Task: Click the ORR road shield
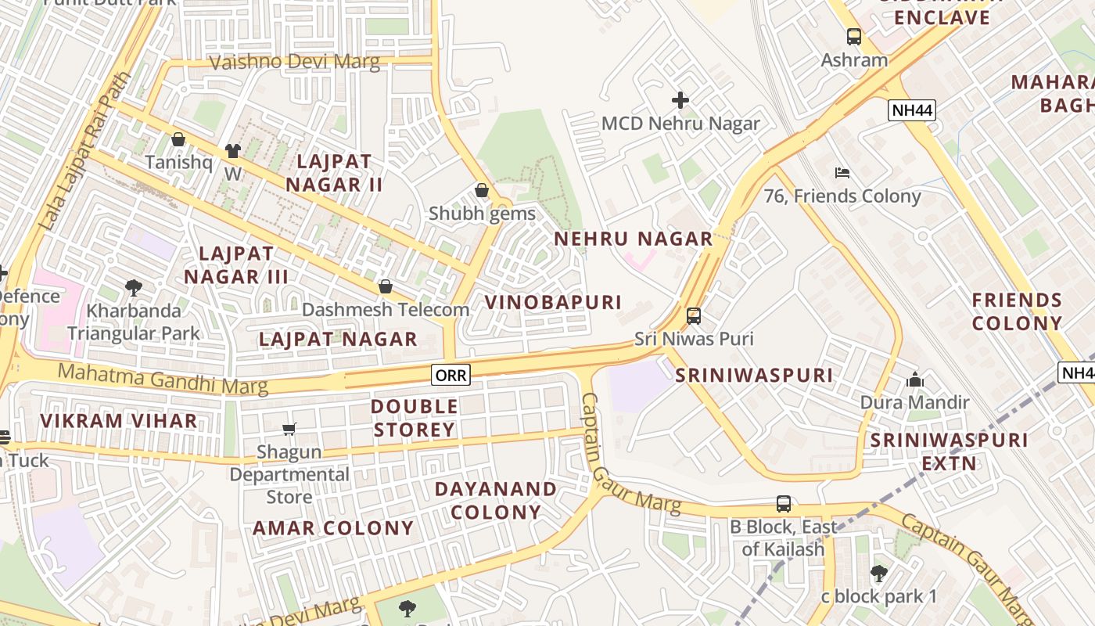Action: tap(451, 376)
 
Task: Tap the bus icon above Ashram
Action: tap(853, 37)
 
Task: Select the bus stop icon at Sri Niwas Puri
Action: tap(694, 316)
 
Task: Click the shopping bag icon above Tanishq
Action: tap(178, 140)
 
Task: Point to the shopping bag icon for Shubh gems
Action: tap(482, 191)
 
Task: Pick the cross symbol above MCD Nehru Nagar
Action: tap(680, 100)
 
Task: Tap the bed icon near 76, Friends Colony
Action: tap(842, 173)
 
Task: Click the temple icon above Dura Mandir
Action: tap(914, 380)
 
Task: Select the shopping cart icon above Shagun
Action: tap(289, 429)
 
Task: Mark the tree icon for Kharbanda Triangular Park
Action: tap(134, 288)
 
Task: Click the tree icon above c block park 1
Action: tap(879, 574)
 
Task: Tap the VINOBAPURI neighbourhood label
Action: tap(553, 302)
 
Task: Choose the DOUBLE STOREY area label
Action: tap(415, 418)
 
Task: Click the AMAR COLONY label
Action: tap(333, 528)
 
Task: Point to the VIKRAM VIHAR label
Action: tap(119, 421)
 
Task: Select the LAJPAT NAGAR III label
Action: tap(236, 265)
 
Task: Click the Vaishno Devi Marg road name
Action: tap(294, 62)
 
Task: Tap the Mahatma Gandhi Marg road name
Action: tap(163, 379)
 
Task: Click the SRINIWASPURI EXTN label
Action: tap(950, 452)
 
